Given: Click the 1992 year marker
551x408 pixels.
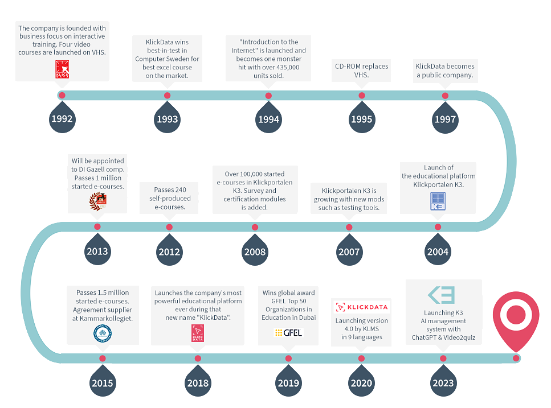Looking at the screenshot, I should tap(62, 118).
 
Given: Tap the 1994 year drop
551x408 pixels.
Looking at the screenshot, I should tap(268, 118).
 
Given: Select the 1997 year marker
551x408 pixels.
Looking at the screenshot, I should tap(445, 118).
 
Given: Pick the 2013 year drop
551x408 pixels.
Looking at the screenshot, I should tap(97, 250).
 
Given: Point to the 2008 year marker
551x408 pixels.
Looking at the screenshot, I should tap(254, 251).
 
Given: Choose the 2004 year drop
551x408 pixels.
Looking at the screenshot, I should tap(438, 251).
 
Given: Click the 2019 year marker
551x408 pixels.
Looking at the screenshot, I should tap(288, 382).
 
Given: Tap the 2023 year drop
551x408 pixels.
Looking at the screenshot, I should tap(443, 382).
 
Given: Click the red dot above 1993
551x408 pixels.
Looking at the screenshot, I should tap(167, 96).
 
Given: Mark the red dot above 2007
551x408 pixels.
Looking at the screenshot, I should tap(349, 227).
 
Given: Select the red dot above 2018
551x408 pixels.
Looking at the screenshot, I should tap(198, 358).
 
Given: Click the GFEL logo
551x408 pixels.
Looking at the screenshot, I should tap(288, 332).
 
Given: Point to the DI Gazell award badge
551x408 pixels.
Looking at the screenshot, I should tap(97, 200).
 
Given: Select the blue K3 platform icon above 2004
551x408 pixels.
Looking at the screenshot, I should tap(438, 202).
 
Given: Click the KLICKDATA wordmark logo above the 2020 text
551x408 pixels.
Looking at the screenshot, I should tap(362, 307).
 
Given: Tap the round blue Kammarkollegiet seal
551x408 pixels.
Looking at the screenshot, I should tap(103, 333).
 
